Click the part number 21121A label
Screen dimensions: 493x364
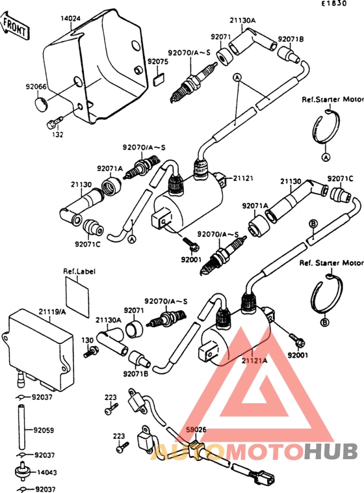255,359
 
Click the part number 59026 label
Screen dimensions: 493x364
196,429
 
